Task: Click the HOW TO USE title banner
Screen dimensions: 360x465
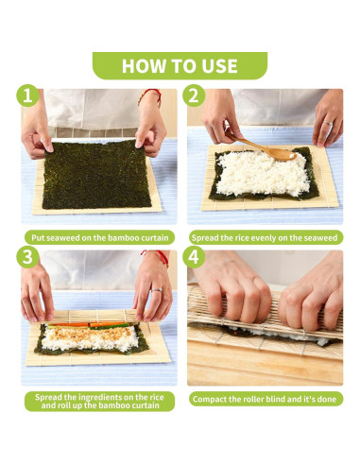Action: click(x=180, y=65)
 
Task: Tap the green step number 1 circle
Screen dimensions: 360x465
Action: click(x=27, y=95)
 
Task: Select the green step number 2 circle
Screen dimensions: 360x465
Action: click(x=194, y=95)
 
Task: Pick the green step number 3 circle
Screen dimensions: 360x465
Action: click(x=27, y=257)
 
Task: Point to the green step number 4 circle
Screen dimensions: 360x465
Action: click(x=194, y=257)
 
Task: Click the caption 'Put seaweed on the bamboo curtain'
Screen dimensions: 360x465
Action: click(x=99, y=237)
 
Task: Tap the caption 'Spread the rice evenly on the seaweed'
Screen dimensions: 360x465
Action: click(x=265, y=237)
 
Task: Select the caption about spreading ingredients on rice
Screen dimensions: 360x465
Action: click(x=99, y=401)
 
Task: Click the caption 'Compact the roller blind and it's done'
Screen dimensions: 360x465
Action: click(x=265, y=399)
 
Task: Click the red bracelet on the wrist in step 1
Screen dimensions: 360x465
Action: click(x=150, y=95)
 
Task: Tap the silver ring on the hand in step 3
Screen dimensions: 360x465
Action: click(x=157, y=290)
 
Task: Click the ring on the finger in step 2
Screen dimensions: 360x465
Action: click(x=328, y=123)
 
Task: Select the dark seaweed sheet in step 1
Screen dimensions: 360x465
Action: click(x=95, y=174)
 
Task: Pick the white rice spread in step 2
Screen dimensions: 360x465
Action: click(x=263, y=173)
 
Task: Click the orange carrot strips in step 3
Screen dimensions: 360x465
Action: click(x=89, y=324)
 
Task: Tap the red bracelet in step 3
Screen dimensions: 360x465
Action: click(x=156, y=256)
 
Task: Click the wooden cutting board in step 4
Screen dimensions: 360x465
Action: click(x=265, y=367)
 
